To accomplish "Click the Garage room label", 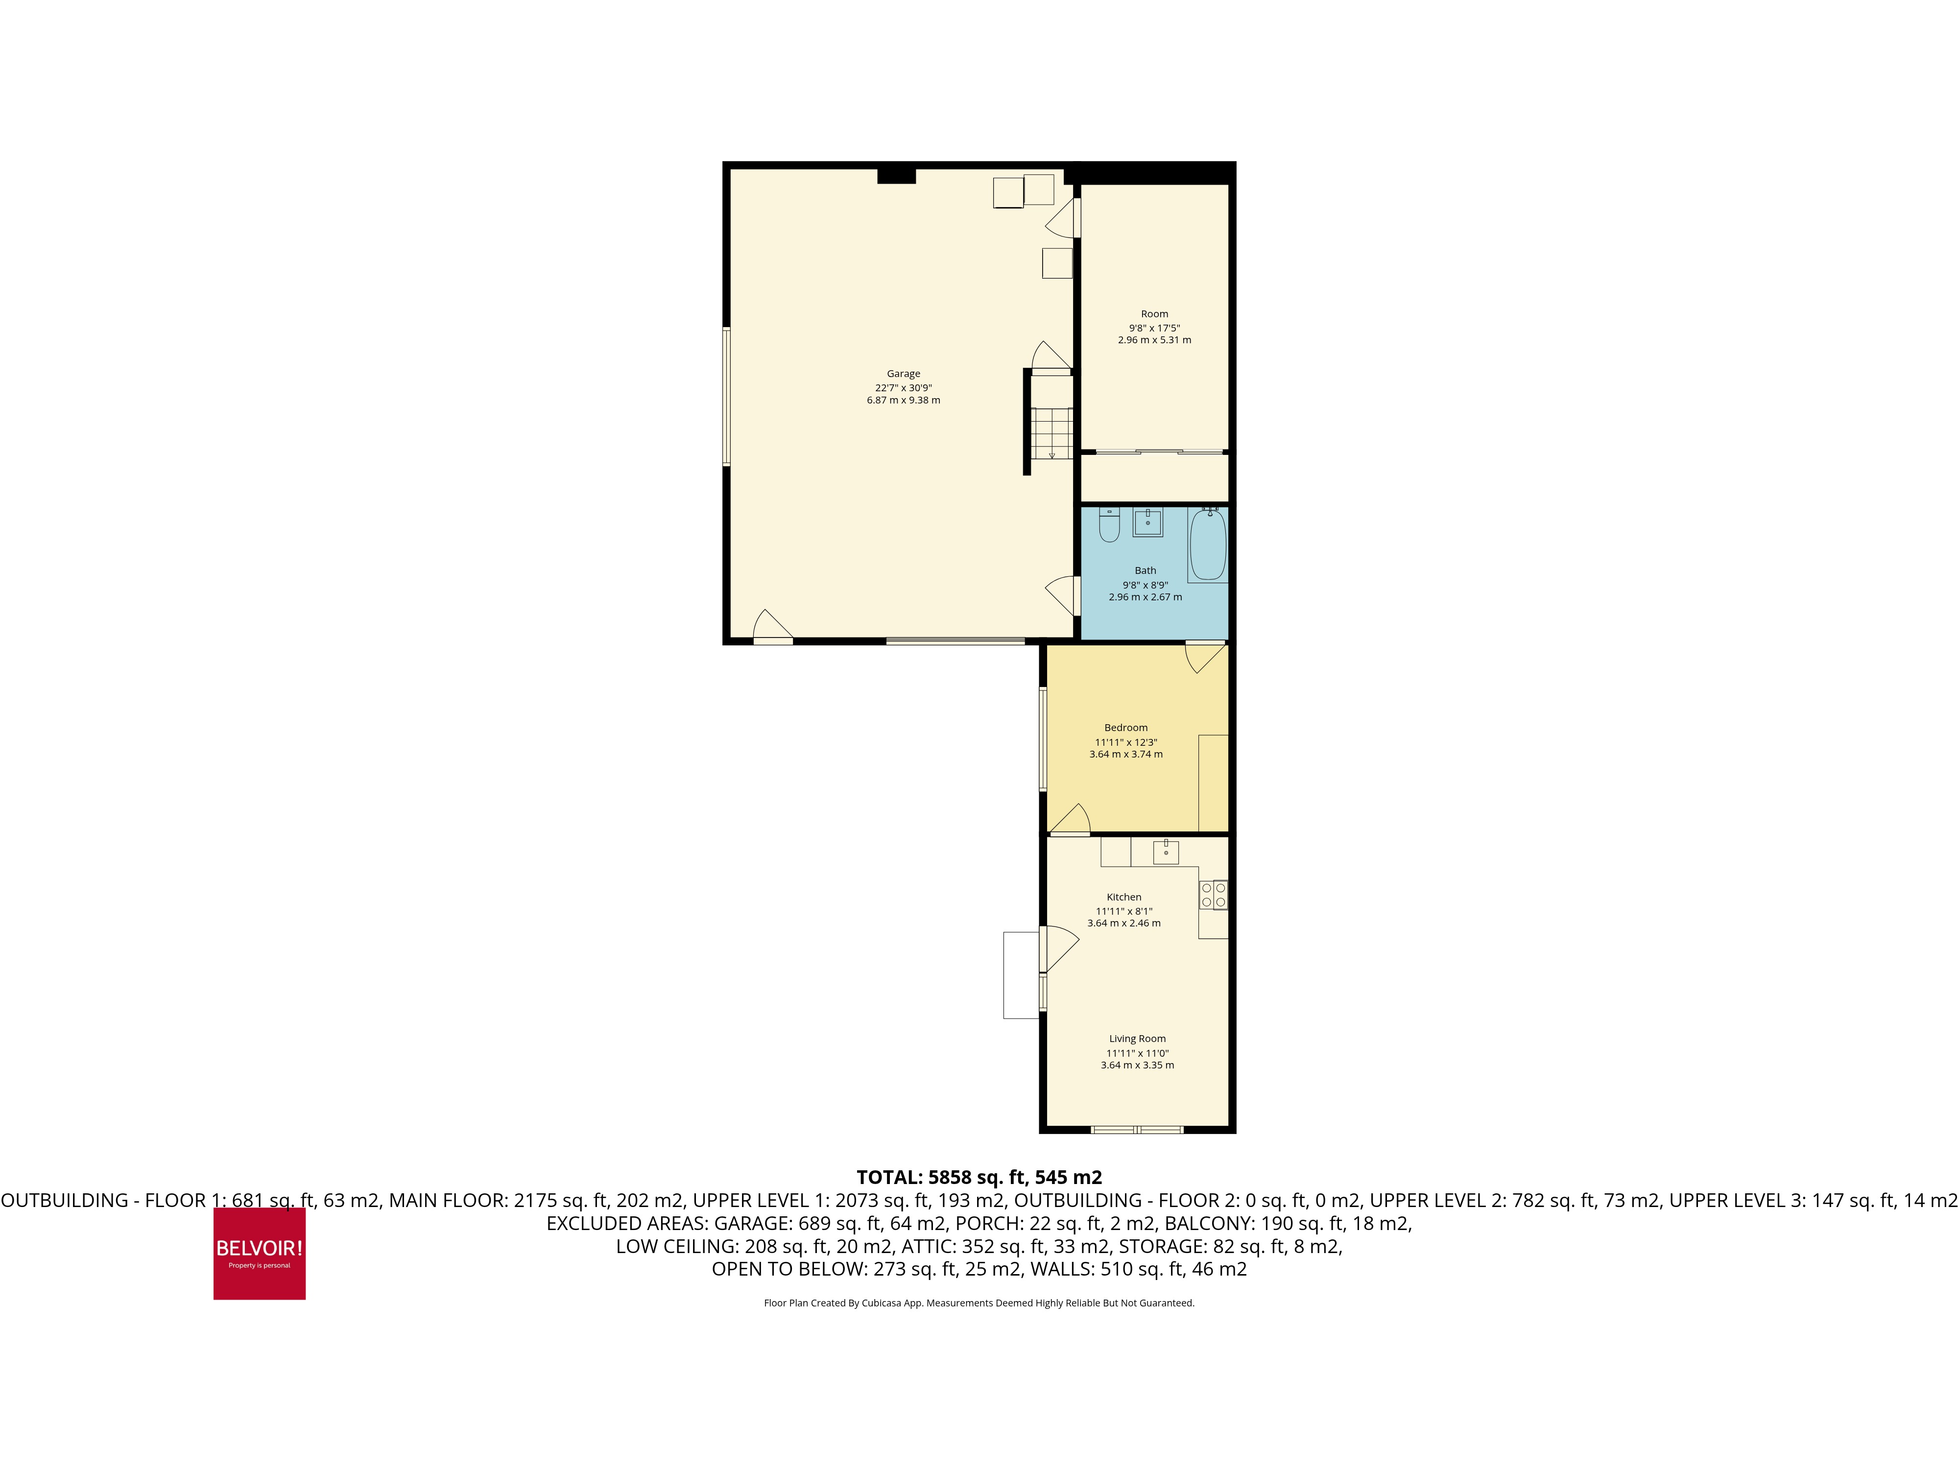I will pyautogui.click(x=903, y=374).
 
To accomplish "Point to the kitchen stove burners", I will pyautogui.click(x=1213, y=894).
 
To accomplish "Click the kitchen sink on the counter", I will pyautogui.click(x=1166, y=852).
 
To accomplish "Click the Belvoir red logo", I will pyautogui.click(x=260, y=1253).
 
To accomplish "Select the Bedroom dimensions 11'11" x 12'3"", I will pyautogui.click(x=1125, y=742).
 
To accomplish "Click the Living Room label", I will pyautogui.click(x=1137, y=1039).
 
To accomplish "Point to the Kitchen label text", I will pyautogui.click(x=1124, y=897).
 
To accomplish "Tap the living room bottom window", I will pyautogui.click(x=1137, y=1130).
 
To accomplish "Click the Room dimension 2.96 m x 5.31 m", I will pyautogui.click(x=1154, y=340).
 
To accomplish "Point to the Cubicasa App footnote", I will pyautogui.click(x=979, y=1303).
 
